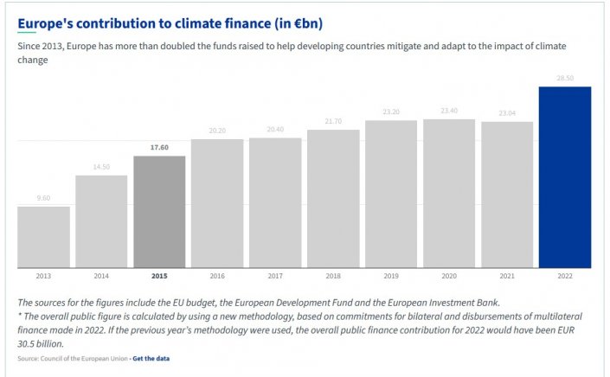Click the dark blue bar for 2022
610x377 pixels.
click(564, 177)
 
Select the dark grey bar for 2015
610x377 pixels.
click(159, 212)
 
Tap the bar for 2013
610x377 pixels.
click(43, 237)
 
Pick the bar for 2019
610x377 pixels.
click(391, 194)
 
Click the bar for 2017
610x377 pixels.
click(275, 202)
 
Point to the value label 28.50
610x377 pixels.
click(564, 79)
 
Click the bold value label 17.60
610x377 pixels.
click(159, 148)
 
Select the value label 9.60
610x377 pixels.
click(43, 198)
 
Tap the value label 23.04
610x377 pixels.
click(507, 113)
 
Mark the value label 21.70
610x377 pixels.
click(333, 121)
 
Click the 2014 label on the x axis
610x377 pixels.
click(101, 276)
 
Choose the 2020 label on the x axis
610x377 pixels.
click(449, 276)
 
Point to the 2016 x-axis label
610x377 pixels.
click(217, 276)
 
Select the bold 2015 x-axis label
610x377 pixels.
click(159, 276)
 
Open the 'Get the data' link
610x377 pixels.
click(151, 358)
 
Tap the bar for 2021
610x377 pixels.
click(507, 195)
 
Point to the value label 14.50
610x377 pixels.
click(101, 167)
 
